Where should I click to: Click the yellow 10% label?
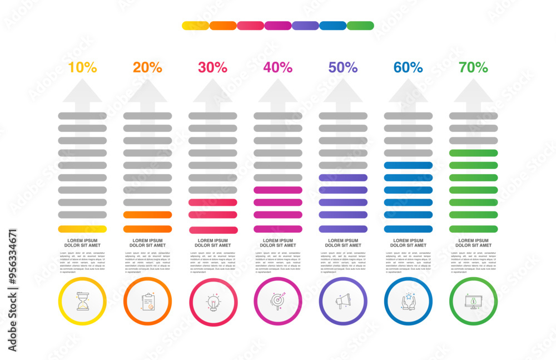[x=82, y=68]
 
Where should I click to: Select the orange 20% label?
[x=147, y=68]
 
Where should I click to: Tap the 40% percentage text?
[x=277, y=68]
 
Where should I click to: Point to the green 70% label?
[x=473, y=68]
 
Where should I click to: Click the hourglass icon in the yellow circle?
[x=82, y=301]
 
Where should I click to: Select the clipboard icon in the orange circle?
[x=147, y=301]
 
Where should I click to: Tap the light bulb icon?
[x=213, y=302]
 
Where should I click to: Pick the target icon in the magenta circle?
[x=278, y=301]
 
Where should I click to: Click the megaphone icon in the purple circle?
[x=342, y=301]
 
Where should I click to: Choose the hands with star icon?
[x=408, y=301]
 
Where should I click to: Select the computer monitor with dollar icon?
[x=473, y=301]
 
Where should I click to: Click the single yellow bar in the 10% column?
[x=82, y=229]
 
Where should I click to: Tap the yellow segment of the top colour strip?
[x=195, y=26]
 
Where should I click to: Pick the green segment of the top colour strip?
[x=360, y=26]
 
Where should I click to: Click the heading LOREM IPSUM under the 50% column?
[x=343, y=241]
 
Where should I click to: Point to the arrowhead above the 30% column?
[x=212, y=92]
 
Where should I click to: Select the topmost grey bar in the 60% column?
[x=408, y=116]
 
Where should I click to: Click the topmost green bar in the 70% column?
[x=473, y=153]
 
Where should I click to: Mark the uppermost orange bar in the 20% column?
[x=147, y=215]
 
